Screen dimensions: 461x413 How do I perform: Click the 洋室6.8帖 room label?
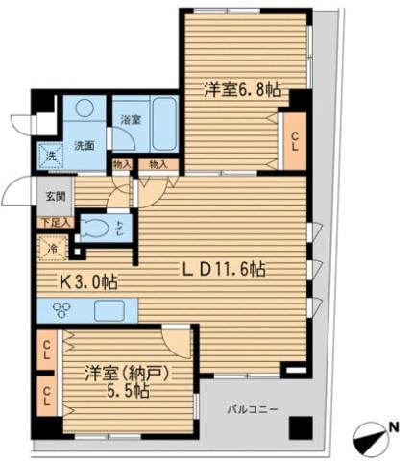tap(242, 90)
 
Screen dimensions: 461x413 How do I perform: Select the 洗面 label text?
tap(85, 146)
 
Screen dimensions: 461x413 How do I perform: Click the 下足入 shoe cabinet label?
tap(54, 223)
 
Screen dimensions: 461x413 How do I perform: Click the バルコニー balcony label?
tap(253, 410)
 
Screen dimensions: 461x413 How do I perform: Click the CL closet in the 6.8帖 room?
tap(293, 138)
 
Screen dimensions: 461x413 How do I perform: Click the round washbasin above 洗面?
tap(85, 111)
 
